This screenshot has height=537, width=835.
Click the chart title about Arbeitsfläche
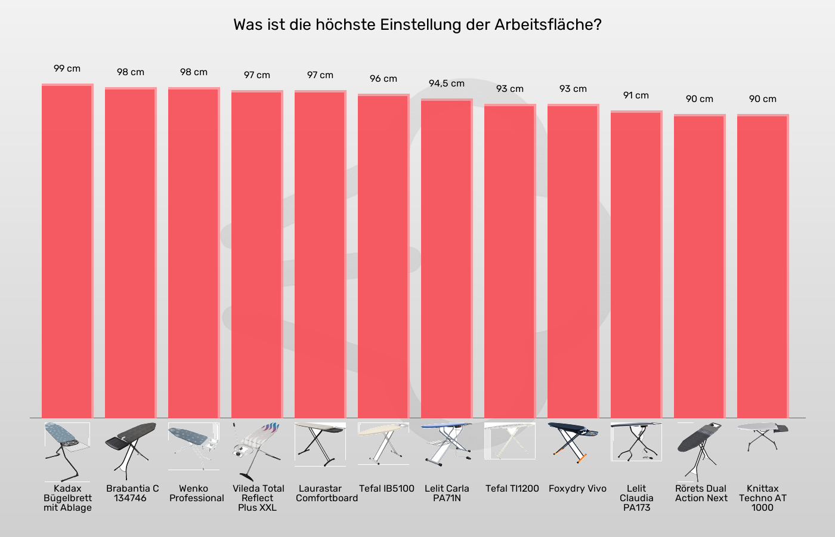pyautogui.click(x=417, y=25)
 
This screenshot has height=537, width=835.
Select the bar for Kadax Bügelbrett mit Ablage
pyautogui.click(x=67, y=251)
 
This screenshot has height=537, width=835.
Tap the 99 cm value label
pyautogui.click(x=67, y=69)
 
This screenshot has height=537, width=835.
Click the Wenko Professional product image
pyautogui.click(x=193, y=445)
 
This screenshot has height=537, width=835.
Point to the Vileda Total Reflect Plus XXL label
pyautogui.click(x=258, y=498)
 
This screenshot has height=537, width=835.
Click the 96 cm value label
pyautogui.click(x=383, y=79)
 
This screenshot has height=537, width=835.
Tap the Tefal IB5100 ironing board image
pyautogui.click(x=383, y=443)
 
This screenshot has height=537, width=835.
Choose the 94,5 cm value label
pyautogui.click(x=446, y=84)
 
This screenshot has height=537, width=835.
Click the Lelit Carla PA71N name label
pyautogui.click(x=447, y=493)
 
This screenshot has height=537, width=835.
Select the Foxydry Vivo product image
pyautogui.click(x=573, y=442)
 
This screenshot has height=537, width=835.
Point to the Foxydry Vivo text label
pyautogui.click(x=577, y=489)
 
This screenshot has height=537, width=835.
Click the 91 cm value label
pyautogui.click(x=636, y=95)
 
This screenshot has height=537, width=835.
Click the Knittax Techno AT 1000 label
pyautogui.click(x=762, y=498)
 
